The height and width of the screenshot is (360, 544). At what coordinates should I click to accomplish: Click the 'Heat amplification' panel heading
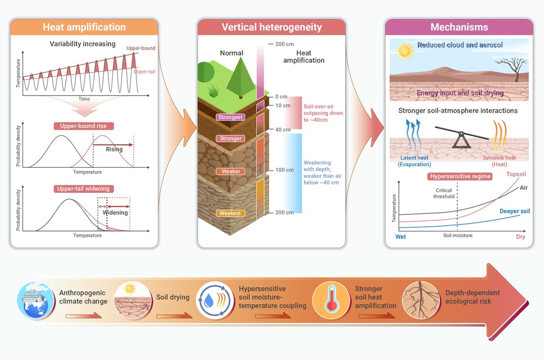click(84, 27)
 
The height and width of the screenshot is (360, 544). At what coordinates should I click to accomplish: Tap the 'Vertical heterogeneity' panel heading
click(272, 27)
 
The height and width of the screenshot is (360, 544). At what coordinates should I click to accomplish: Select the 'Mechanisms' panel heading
click(459, 27)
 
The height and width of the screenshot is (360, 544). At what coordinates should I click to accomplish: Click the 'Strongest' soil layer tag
click(230, 117)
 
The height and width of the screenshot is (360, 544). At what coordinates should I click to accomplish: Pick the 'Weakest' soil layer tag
click(230, 213)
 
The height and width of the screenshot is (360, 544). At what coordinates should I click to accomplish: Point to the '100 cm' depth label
click(285, 170)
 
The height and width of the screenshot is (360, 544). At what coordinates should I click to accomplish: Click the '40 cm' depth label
click(283, 130)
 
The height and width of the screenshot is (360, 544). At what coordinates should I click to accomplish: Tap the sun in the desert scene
click(404, 51)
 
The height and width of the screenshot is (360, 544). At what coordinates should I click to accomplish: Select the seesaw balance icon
click(462, 137)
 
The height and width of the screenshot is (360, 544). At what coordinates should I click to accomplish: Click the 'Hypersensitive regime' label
click(460, 176)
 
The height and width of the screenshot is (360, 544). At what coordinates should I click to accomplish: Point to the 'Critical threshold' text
click(444, 193)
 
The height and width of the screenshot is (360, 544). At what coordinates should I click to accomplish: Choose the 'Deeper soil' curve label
click(514, 211)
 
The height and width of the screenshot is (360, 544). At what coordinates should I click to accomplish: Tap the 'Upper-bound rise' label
click(83, 126)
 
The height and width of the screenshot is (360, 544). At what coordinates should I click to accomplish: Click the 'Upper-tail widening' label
click(83, 189)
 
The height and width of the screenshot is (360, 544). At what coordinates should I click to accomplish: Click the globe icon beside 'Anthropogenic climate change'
click(36, 301)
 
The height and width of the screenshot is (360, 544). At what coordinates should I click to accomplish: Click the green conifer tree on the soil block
click(241, 78)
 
